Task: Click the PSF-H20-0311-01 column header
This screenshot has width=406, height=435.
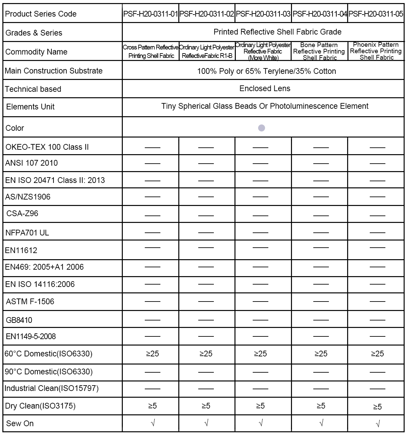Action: click(x=150, y=14)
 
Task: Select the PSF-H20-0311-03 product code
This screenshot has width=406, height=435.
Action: click(x=263, y=14)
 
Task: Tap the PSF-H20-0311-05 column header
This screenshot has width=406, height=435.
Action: click(x=376, y=14)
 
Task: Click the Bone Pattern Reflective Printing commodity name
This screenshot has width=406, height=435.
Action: click(x=319, y=51)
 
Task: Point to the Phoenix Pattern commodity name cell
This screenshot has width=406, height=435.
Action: click(x=376, y=51)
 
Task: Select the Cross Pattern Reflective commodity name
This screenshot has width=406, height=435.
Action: click(x=151, y=51)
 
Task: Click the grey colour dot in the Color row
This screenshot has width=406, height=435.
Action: click(x=262, y=128)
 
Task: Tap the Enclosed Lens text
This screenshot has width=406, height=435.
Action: click(x=265, y=89)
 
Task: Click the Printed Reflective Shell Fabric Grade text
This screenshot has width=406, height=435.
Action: click(x=277, y=32)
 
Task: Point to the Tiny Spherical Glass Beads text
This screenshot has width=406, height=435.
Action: click(x=265, y=106)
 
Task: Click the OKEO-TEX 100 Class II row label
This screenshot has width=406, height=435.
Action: click(x=47, y=147)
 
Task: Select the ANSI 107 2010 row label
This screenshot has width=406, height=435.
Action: click(x=31, y=163)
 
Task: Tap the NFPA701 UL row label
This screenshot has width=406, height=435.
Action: click(x=27, y=233)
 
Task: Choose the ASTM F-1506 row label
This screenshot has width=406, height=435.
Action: click(x=30, y=302)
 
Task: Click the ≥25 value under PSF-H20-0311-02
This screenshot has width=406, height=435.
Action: click(x=206, y=354)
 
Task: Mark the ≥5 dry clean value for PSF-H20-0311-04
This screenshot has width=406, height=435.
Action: click(x=321, y=406)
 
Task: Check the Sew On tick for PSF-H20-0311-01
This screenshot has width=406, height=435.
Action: click(x=153, y=423)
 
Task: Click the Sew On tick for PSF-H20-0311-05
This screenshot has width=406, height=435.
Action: click(x=378, y=423)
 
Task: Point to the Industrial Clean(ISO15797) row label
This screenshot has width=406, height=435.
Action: click(x=51, y=388)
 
